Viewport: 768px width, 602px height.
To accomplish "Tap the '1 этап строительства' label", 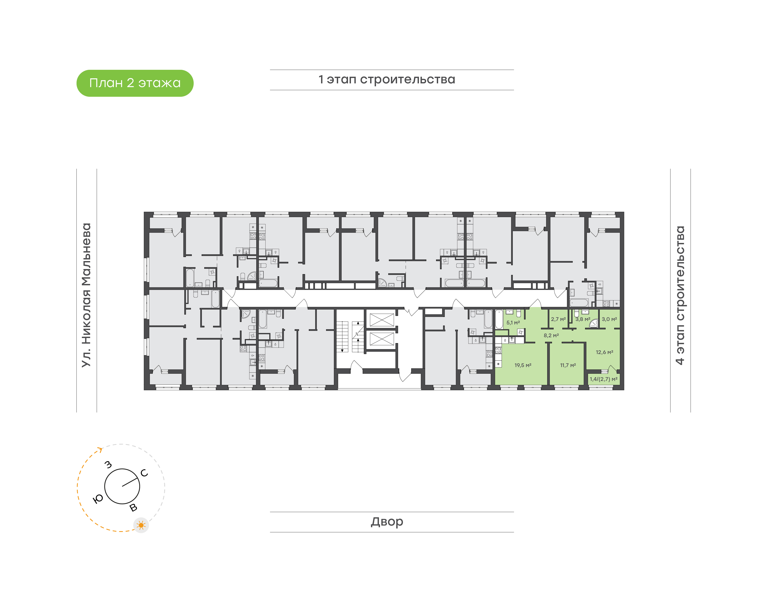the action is [x=387, y=80].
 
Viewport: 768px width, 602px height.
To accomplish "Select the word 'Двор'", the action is [x=387, y=522].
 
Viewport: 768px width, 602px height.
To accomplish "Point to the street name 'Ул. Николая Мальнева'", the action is [x=86, y=295].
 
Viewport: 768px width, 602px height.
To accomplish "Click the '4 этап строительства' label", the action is [x=680, y=295].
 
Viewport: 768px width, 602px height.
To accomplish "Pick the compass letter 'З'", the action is [x=108, y=465].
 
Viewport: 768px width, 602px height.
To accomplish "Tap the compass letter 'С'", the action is [x=144, y=473].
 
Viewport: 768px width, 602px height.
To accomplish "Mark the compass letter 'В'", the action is [x=133, y=507].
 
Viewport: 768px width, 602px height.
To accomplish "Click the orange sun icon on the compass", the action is [x=141, y=525].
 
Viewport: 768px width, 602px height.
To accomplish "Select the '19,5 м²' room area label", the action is [x=523, y=365].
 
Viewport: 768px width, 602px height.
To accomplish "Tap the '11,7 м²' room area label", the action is [x=568, y=365].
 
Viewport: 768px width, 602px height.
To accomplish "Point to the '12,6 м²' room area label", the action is [x=605, y=352].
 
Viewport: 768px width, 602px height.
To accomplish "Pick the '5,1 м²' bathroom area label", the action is [x=513, y=323].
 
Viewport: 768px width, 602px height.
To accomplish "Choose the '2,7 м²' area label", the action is [x=558, y=319].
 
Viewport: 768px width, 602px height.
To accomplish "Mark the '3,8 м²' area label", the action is [x=583, y=319].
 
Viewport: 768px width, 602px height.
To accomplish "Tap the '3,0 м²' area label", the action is [x=609, y=319].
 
